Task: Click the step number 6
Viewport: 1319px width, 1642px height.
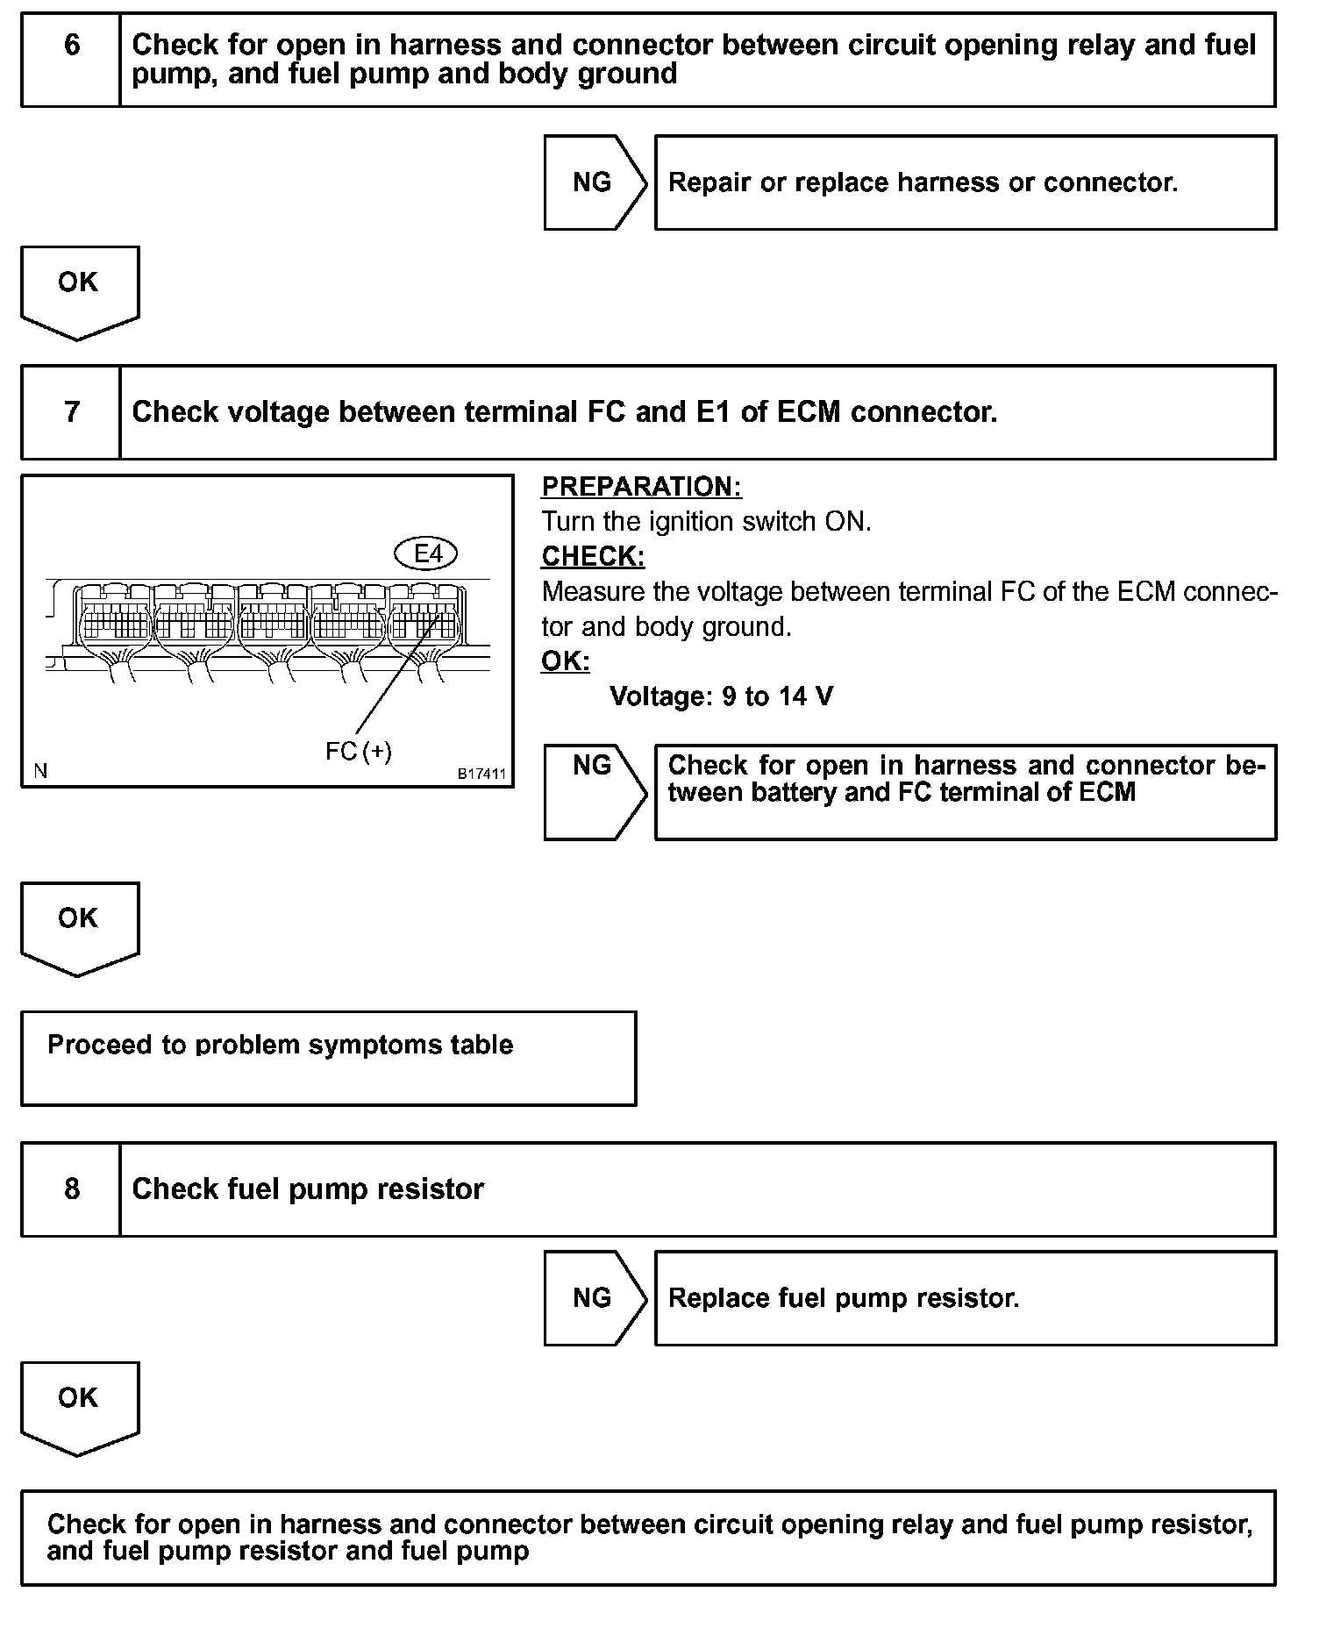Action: (72, 46)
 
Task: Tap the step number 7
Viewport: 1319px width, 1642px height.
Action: (72, 412)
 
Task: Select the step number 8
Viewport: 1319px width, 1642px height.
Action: (72, 1189)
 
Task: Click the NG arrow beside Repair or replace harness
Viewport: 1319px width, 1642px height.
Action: (593, 182)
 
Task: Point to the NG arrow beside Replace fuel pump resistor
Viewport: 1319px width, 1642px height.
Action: (593, 1298)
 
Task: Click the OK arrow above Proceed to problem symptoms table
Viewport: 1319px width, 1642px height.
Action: (79, 922)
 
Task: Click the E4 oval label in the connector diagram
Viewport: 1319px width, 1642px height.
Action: (426, 553)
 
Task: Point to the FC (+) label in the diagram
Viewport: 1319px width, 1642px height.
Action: (359, 752)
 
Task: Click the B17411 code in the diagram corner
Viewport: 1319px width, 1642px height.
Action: (481, 775)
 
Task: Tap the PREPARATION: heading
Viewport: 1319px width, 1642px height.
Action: (641, 487)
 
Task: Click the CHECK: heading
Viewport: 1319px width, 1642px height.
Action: (593, 557)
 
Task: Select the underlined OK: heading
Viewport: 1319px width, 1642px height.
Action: (566, 661)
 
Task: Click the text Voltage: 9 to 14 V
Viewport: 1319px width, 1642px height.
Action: (721, 697)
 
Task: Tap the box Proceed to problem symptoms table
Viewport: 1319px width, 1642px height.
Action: (328, 1058)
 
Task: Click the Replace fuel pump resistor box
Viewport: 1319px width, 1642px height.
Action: (965, 1298)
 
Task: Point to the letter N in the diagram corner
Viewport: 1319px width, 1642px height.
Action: (40, 772)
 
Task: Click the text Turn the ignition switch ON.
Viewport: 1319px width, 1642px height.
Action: (706, 522)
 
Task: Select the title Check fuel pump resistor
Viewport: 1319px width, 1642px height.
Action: (308, 1189)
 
